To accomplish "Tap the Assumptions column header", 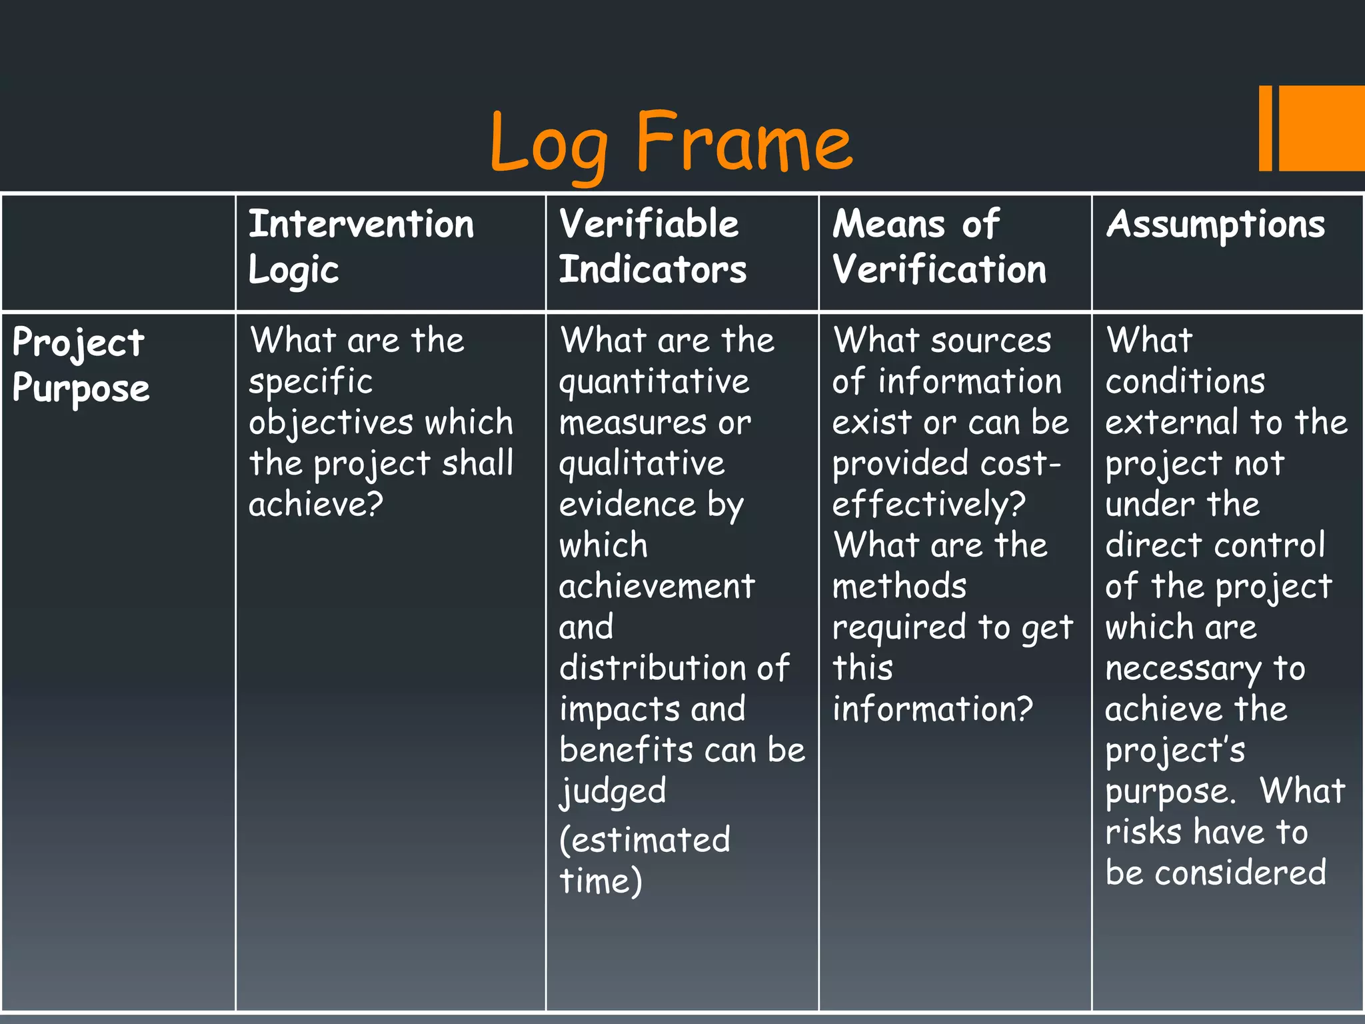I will (1216, 225).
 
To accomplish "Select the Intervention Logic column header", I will (361, 247).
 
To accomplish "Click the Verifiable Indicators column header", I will (652, 247).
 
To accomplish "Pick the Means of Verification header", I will (938, 247).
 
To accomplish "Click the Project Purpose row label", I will (80, 365).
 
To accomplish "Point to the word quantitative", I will (655, 382).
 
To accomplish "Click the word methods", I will (899, 587).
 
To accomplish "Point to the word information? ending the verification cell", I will (932, 709).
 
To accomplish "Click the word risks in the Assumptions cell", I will (1142, 832).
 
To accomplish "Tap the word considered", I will (1240, 873).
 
